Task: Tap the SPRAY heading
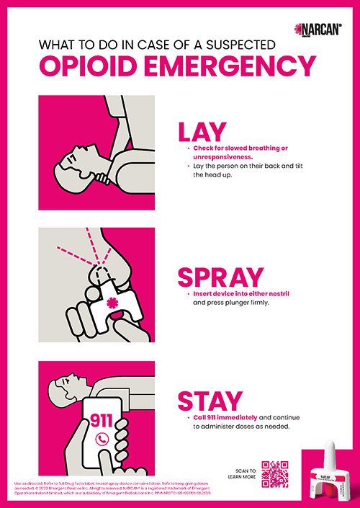[220, 277]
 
